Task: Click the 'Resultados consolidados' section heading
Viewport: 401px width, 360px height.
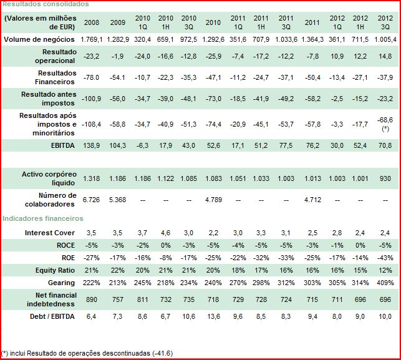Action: [x=46, y=4]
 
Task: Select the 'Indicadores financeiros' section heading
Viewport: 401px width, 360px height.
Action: [x=42, y=218]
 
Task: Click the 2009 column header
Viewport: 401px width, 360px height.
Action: [x=117, y=22]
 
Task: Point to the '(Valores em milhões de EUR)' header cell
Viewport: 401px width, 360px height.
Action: [x=40, y=22]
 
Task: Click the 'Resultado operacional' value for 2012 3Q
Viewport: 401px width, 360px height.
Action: [x=385, y=56]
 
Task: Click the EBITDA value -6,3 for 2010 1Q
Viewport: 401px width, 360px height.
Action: [x=142, y=144]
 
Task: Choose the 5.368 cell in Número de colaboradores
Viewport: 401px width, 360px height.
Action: [x=117, y=200]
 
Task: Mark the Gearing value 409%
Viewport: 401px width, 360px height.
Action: [x=385, y=283]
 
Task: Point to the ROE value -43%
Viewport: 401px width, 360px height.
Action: [x=385, y=258]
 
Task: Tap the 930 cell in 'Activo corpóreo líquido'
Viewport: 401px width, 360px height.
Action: [x=385, y=178]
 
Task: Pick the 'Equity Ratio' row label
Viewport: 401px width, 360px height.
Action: [x=54, y=270]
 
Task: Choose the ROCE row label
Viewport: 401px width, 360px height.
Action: [x=65, y=245]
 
